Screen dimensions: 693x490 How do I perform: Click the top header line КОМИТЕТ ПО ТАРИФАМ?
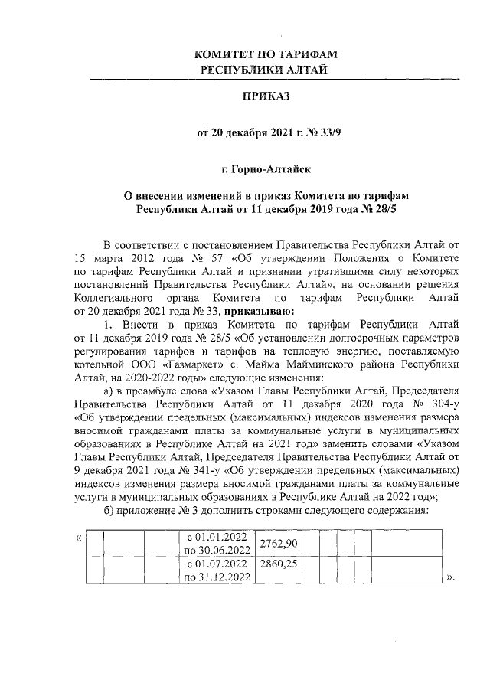coord(266,55)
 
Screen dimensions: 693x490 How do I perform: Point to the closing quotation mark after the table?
coord(450,577)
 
